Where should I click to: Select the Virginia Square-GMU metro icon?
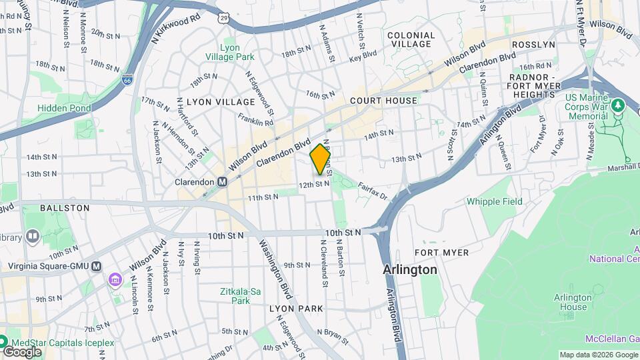tap(97, 266)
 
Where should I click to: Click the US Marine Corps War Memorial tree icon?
tap(617, 105)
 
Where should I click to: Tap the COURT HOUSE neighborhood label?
tap(384, 101)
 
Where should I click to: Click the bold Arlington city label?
tap(410, 270)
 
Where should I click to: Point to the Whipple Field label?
tap(494, 201)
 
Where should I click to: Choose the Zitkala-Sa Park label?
tap(235, 296)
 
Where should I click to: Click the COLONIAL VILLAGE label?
tap(411, 39)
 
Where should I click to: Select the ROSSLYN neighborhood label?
tap(533, 45)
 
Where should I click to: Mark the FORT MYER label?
tap(441, 253)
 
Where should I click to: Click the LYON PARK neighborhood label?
tap(296, 309)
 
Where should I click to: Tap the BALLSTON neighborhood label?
tap(65, 208)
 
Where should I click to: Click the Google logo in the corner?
tap(22, 351)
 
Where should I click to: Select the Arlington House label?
tap(573, 302)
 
